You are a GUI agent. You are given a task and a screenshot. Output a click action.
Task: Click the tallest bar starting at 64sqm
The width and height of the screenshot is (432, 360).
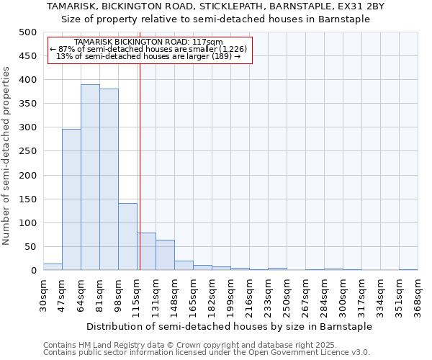click(x=90, y=177)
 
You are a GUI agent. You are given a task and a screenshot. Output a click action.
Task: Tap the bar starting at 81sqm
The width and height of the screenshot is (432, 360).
click(x=109, y=179)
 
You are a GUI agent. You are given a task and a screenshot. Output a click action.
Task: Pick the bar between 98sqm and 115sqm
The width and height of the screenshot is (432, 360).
click(x=127, y=237)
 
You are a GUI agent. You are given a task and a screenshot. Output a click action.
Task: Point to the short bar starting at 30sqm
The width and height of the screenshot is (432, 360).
click(x=53, y=267)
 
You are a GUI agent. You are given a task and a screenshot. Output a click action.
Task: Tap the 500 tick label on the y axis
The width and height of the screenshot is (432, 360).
click(x=28, y=32)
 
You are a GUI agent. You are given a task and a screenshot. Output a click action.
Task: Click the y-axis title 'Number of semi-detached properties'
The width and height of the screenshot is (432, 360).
click(x=7, y=156)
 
